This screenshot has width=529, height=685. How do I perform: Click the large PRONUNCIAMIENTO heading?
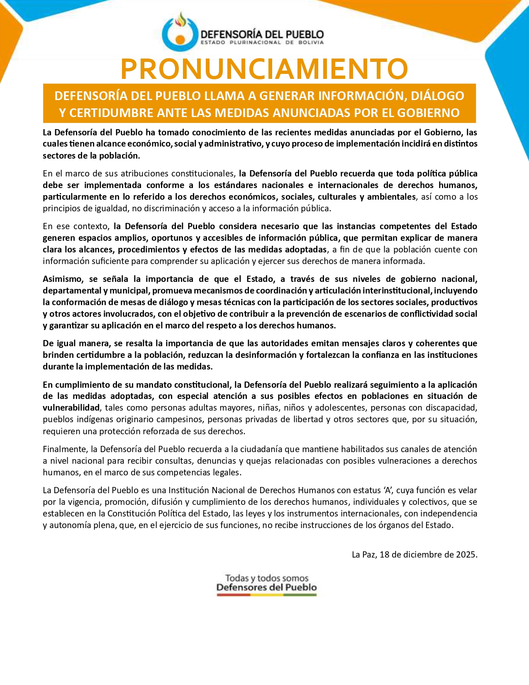point(264,69)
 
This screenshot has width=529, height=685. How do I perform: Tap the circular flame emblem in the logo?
point(180,32)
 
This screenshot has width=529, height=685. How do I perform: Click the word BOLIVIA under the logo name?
point(311,42)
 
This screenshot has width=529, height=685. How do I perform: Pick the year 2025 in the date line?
point(466,555)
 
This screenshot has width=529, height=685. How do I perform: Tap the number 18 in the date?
point(384,555)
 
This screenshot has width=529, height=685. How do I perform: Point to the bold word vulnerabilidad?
point(71,408)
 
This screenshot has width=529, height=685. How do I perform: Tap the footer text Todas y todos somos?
point(267,578)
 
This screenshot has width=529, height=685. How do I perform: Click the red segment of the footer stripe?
point(233,595)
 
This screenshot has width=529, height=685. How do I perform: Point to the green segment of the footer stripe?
point(300,595)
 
